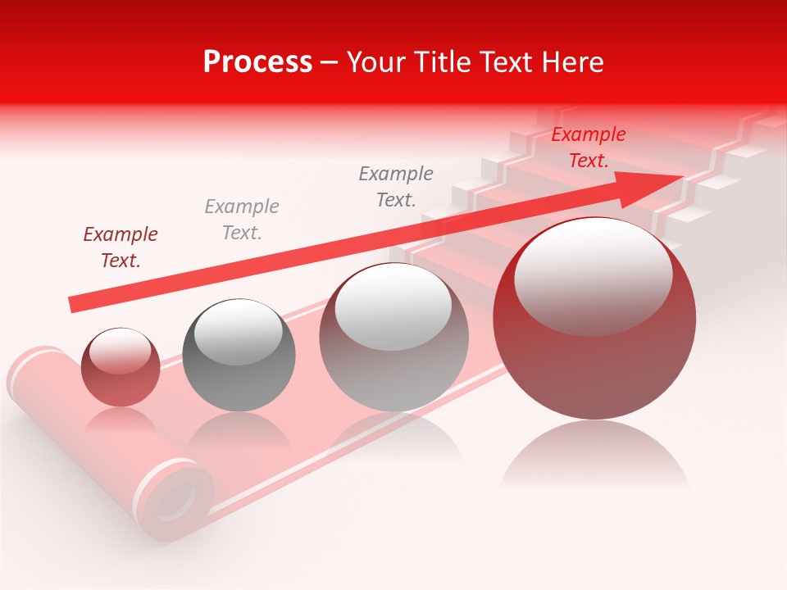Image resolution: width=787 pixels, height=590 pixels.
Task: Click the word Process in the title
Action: (257, 62)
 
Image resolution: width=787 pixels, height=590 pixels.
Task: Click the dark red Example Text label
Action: (120, 247)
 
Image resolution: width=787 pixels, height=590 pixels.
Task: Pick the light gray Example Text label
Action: (241, 219)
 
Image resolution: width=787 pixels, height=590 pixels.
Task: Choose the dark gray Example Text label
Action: (396, 186)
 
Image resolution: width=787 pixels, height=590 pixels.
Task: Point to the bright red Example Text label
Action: (588, 147)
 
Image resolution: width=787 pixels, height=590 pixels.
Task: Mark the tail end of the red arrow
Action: (72, 304)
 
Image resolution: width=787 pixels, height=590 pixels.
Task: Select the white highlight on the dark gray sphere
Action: (238, 332)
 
